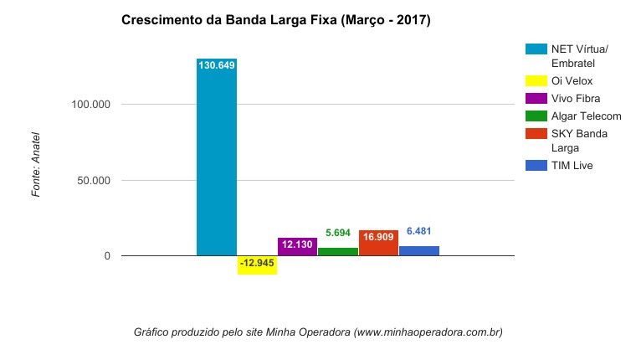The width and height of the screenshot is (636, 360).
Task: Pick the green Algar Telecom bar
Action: coord(338,251)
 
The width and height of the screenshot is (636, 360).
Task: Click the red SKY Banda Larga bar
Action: coord(378,246)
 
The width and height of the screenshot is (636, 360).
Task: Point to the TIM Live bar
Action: coord(419,250)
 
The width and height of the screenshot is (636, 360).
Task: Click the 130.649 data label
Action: coord(217,65)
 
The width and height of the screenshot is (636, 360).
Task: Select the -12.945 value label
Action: coord(257,263)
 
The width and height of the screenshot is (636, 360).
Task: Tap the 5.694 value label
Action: coord(338,233)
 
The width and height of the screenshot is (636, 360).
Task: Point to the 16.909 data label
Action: coord(378,237)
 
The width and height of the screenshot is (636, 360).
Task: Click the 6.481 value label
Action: coord(419,231)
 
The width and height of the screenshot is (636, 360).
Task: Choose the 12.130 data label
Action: coord(297,244)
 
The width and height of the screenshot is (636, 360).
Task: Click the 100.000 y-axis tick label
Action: coord(93,105)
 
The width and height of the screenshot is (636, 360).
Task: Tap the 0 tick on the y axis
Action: coord(107,256)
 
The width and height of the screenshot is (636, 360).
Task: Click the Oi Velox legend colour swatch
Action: coord(536,81)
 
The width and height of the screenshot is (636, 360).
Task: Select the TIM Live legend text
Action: coord(572,166)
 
